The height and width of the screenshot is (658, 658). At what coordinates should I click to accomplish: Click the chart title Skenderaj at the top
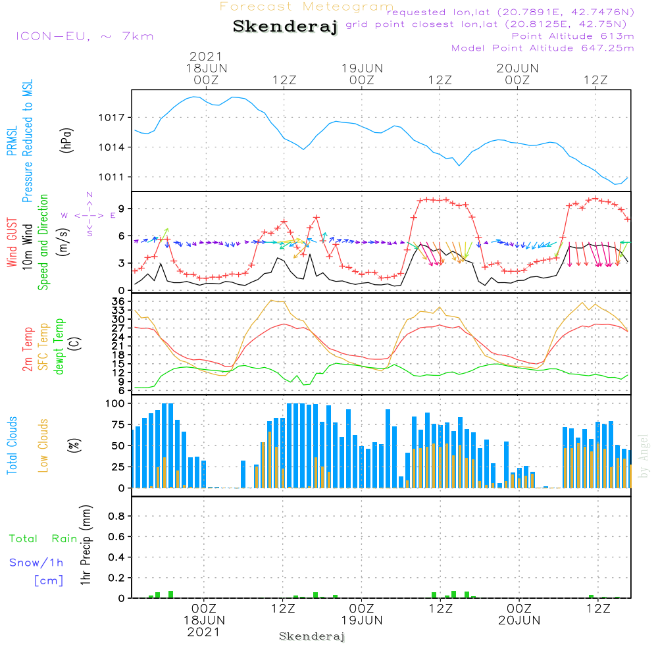(x=285, y=27)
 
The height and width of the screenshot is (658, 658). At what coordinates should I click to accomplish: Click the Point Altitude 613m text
(x=572, y=36)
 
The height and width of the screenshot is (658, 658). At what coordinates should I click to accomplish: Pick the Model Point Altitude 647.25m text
(x=543, y=48)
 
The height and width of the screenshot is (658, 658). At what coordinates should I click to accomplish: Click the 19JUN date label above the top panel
(x=362, y=68)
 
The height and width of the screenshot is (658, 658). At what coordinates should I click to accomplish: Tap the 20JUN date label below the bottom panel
(x=519, y=620)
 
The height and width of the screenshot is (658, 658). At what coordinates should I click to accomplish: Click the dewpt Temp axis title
(x=59, y=347)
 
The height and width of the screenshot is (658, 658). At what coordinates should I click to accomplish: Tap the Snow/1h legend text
(x=36, y=563)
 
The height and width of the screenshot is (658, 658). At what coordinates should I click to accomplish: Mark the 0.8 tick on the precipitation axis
(x=116, y=517)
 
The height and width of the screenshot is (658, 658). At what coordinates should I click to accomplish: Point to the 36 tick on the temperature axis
(x=118, y=301)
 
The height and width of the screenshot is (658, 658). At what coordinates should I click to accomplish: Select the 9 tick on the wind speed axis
(x=121, y=209)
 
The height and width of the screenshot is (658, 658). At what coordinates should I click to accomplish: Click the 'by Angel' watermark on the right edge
(x=644, y=455)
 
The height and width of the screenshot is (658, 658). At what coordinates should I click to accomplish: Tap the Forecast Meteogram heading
(x=307, y=7)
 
